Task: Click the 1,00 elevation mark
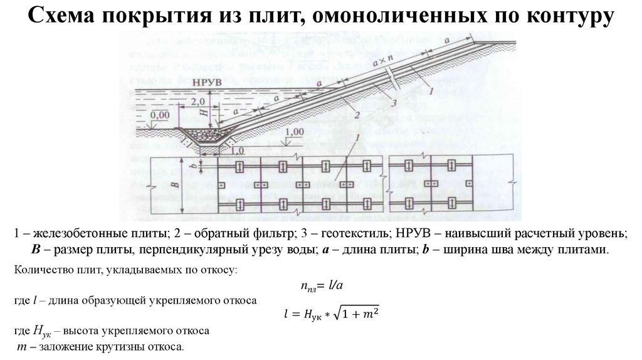(293, 133)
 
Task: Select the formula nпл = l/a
(320, 286)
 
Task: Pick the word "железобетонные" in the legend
(76, 234)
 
